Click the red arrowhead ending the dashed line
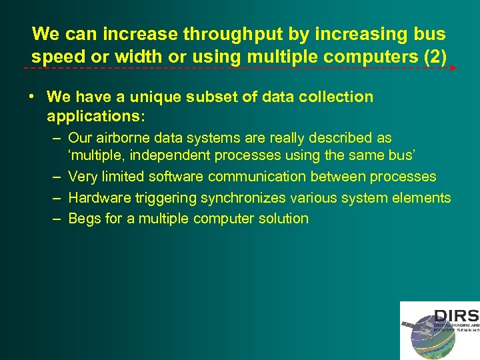coord(453,68)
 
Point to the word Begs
coord(85,219)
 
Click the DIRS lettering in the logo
coord(456,316)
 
